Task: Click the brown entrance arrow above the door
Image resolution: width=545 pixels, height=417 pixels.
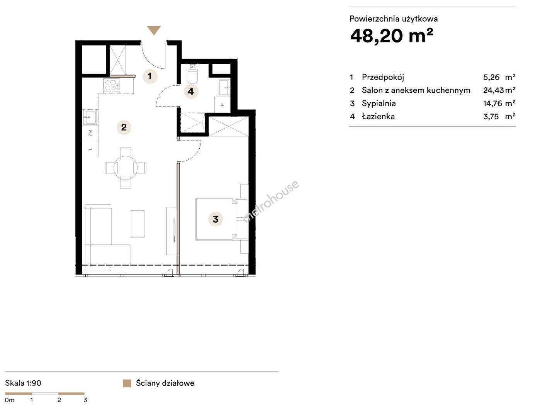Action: (x=154, y=30)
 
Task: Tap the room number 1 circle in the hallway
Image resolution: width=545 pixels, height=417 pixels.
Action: (x=150, y=76)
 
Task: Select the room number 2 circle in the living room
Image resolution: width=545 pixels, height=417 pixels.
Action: (x=124, y=127)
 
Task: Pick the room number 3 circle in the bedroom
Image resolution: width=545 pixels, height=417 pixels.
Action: (x=215, y=219)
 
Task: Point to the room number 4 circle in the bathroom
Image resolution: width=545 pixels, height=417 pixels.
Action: (x=191, y=92)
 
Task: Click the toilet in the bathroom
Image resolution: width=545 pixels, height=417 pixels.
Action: (x=193, y=75)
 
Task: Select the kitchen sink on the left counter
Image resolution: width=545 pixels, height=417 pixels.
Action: (x=90, y=117)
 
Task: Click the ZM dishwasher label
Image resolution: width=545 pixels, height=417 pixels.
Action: (x=90, y=133)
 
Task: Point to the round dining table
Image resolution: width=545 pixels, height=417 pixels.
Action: (x=126, y=168)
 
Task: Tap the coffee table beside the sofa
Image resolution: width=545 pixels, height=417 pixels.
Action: (x=138, y=224)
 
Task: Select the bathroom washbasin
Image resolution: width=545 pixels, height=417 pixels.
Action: (x=224, y=87)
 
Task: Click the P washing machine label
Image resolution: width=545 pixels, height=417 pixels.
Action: (x=222, y=105)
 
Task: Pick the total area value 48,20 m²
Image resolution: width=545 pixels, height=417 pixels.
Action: (x=392, y=36)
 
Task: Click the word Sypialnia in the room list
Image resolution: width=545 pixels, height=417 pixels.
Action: (x=379, y=103)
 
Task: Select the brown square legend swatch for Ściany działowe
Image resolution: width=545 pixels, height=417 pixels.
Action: (x=127, y=383)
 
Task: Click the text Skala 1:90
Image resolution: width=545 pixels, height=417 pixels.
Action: (x=23, y=383)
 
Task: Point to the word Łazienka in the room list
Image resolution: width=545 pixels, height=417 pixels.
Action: (x=378, y=116)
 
